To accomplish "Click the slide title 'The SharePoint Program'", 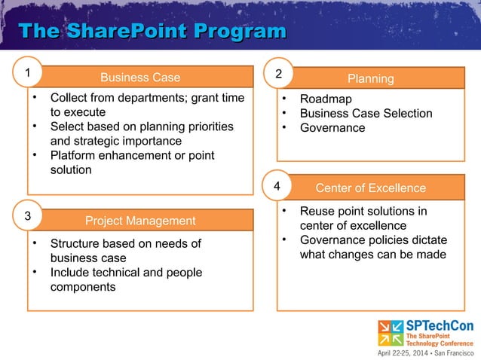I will click(x=152, y=32).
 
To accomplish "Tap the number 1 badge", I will click(x=28, y=73).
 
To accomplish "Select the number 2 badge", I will click(x=279, y=75).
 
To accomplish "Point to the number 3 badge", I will click(x=28, y=216).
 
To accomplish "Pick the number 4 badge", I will click(x=277, y=185).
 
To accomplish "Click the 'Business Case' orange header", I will click(x=140, y=78).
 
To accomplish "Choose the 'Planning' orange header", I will click(x=370, y=78).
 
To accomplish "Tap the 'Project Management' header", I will click(x=140, y=221).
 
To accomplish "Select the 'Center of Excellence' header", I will click(x=370, y=188).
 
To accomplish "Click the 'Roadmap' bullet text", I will click(x=326, y=99).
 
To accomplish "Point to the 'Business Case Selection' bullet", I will click(x=366, y=113).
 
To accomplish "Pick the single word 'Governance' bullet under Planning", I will click(x=332, y=127).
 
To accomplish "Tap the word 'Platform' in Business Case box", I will click(x=74, y=155).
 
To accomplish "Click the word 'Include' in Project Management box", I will click(x=71, y=272).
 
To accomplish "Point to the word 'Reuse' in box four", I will click(x=317, y=211).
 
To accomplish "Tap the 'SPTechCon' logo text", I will click(x=440, y=325).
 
